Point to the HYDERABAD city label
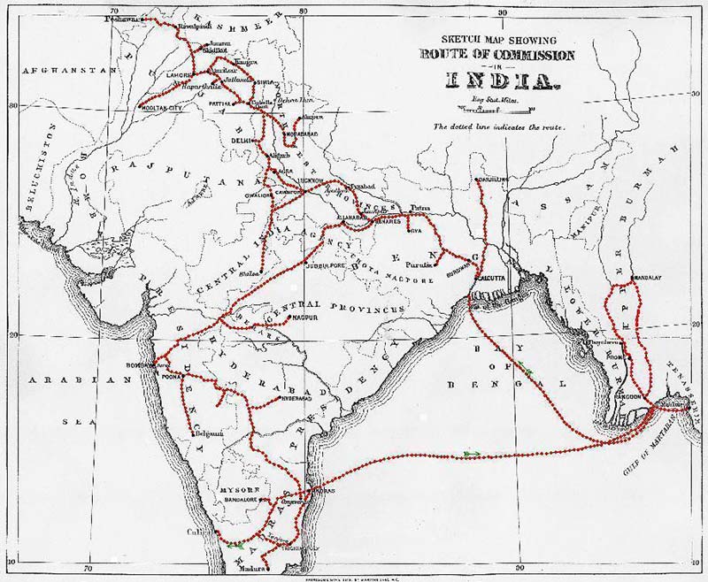coord(296,397)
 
